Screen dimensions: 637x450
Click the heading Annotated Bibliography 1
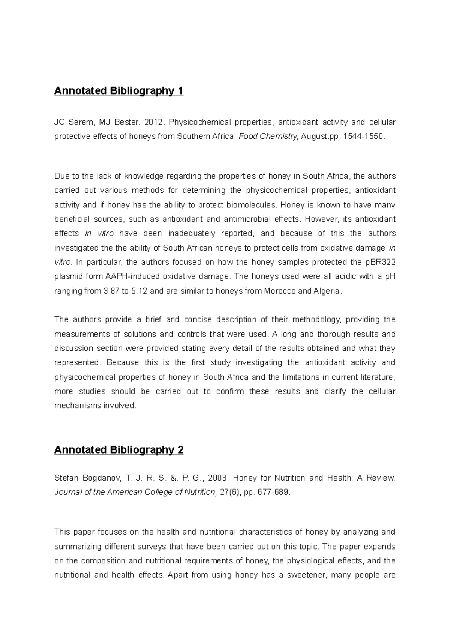click(x=118, y=91)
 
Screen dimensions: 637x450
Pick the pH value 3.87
click(x=111, y=291)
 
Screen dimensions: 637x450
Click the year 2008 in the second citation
click(x=218, y=478)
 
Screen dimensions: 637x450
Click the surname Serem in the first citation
click(x=80, y=122)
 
